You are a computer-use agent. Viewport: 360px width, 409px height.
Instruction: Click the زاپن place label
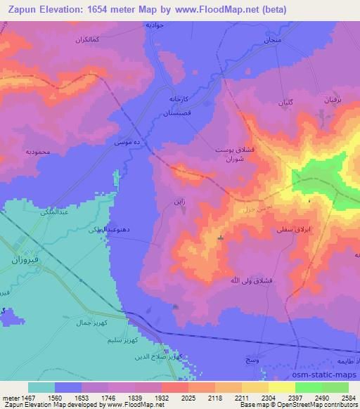point(179,201)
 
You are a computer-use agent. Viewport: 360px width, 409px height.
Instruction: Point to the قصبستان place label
point(190,112)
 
